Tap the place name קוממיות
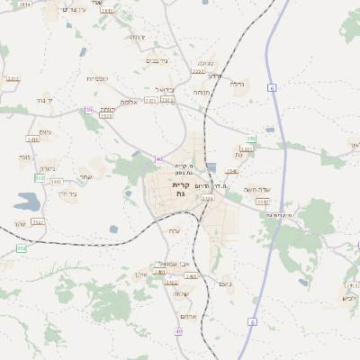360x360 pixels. (x=97, y=79)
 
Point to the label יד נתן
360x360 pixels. (x=46, y=100)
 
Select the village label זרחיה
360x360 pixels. (x=137, y=37)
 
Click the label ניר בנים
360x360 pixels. (x=156, y=60)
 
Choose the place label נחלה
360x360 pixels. (x=238, y=84)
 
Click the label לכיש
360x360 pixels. (x=349, y=298)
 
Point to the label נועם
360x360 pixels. (x=226, y=283)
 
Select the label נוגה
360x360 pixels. (x=24, y=157)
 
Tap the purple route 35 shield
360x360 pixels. (x=89, y=110)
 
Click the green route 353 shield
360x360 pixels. (x=252, y=139)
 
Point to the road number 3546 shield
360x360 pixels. (x=232, y=171)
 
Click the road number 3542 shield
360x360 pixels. (x=56, y=181)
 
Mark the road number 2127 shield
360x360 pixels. (x=37, y=221)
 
